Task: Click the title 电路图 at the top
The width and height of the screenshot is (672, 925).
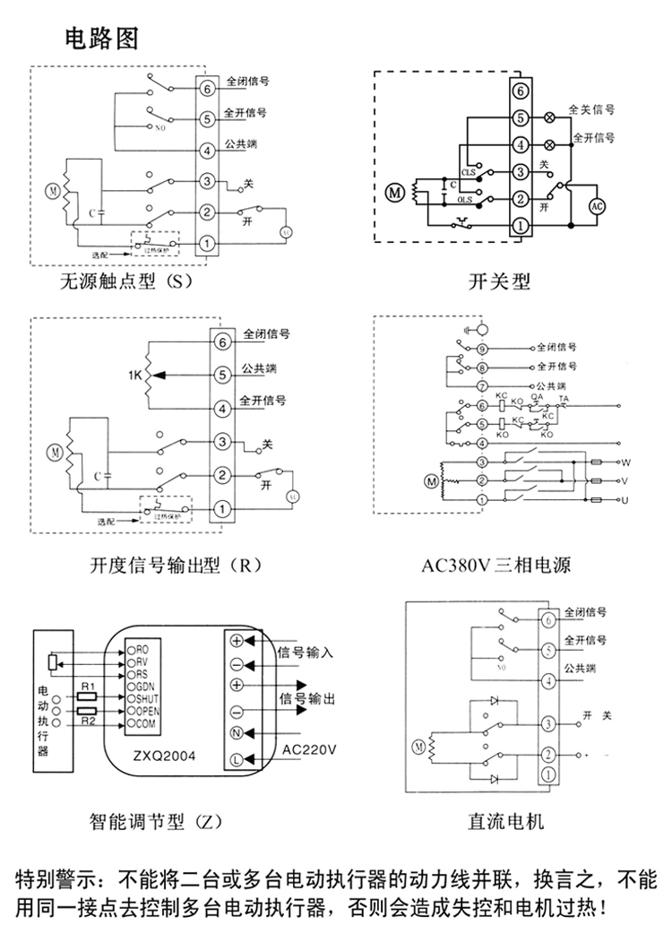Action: click(x=100, y=39)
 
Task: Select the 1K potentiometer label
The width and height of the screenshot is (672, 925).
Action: click(x=134, y=376)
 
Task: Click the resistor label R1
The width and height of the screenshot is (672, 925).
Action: click(x=87, y=687)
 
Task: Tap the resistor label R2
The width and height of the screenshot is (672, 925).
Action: click(x=87, y=720)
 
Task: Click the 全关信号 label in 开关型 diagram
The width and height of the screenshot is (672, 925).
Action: click(x=591, y=110)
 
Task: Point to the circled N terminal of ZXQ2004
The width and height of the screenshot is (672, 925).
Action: click(x=237, y=734)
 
